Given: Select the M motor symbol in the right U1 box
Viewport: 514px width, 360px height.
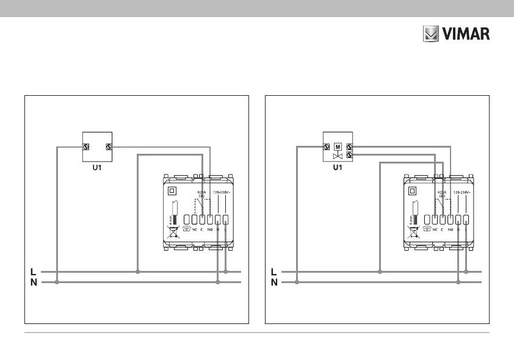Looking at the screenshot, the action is (x=337, y=146).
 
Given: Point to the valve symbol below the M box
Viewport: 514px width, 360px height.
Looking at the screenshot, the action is (x=337, y=156).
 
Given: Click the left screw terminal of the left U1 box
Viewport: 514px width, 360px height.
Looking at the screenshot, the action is (x=86, y=146).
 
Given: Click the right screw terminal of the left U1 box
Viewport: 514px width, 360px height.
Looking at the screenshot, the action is (x=109, y=146).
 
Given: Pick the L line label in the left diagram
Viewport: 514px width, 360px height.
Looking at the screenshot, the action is (x=33, y=271).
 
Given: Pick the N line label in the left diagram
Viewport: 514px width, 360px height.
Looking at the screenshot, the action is (x=33, y=283).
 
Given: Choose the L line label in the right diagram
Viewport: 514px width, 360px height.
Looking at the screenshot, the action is (x=274, y=271).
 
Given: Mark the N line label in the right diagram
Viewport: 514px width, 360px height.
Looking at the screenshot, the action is (x=274, y=283).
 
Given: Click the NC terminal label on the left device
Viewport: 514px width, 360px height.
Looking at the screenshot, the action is (x=195, y=230).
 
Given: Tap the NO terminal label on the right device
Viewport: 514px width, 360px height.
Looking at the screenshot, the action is (x=450, y=230).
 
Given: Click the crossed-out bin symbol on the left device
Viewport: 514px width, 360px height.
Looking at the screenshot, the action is (x=173, y=231).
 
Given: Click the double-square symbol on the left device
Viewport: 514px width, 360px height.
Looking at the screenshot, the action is (x=172, y=190).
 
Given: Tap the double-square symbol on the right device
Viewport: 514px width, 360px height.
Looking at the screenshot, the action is (x=413, y=190).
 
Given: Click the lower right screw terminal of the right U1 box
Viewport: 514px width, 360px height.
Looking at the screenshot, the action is (x=349, y=155).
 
